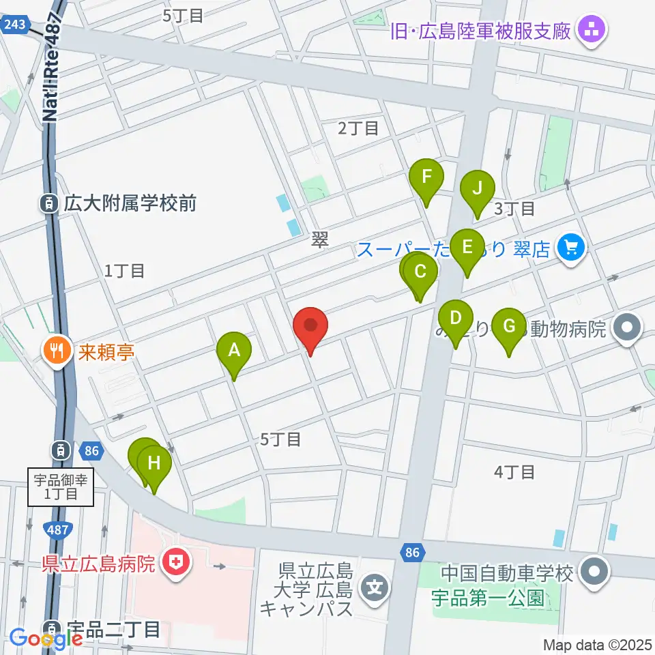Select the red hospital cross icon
pyautogui.click(x=177, y=563)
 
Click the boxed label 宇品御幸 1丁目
pyautogui.click(x=61, y=486)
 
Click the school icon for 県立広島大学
pyautogui.click(x=375, y=585)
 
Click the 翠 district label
pyautogui.click(x=319, y=239)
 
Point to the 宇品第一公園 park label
pyautogui.click(x=489, y=598)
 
